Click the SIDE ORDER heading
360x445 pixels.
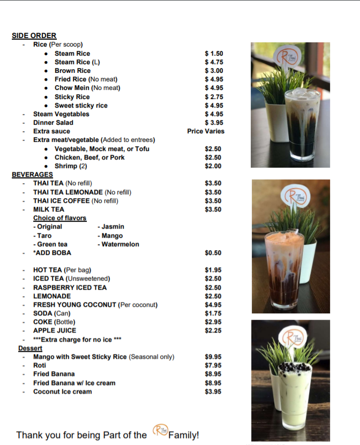click(x=34, y=36)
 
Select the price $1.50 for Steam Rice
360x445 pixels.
click(x=214, y=54)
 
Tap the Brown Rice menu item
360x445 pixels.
click(x=72, y=71)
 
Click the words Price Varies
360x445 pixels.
click(x=206, y=131)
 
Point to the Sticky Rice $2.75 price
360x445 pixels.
click(x=214, y=97)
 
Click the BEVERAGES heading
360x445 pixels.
click(x=32, y=175)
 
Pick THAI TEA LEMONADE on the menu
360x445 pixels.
click(x=68, y=192)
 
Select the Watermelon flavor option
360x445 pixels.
click(x=120, y=244)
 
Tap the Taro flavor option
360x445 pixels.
click(x=43, y=236)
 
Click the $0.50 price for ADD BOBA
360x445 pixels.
click(x=213, y=253)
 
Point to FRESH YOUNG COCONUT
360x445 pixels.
click(x=74, y=305)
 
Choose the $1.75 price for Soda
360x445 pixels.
click(x=213, y=313)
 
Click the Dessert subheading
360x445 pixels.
click(x=30, y=348)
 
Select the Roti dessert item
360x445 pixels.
click(x=40, y=365)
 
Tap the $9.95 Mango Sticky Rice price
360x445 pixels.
click(x=213, y=357)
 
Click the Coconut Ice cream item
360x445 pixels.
click(x=62, y=391)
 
